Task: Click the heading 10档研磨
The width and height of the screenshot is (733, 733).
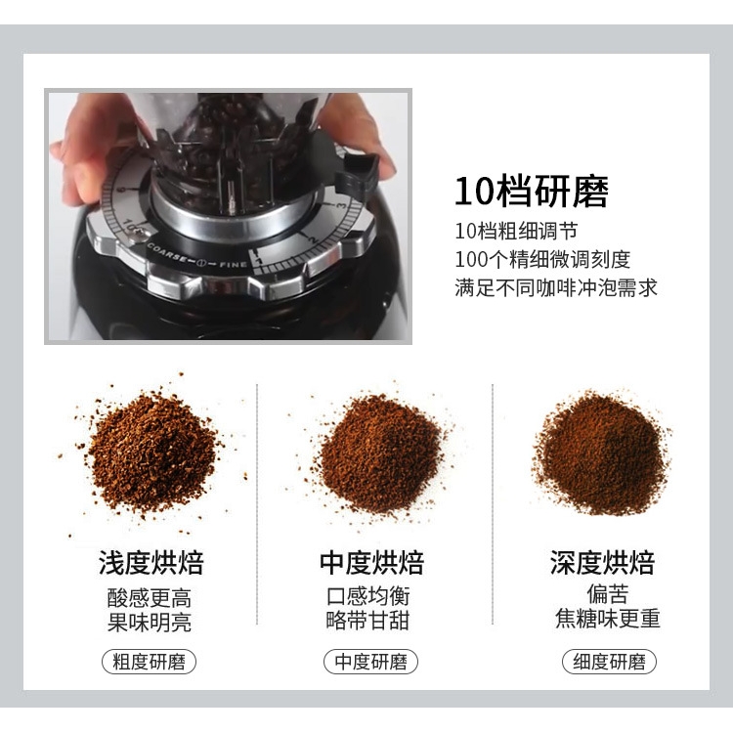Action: tap(531, 193)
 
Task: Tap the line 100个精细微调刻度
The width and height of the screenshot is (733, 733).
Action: tap(542, 260)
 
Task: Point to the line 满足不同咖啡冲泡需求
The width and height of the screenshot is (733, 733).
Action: tap(555, 287)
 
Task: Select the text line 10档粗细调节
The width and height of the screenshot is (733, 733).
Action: tap(515, 233)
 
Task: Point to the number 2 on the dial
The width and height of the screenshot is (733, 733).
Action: tap(312, 237)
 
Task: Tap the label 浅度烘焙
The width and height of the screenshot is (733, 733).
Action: tap(151, 563)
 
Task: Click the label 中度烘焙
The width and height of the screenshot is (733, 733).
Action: tap(371, 563)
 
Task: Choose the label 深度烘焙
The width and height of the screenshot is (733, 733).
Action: tap(602, 563)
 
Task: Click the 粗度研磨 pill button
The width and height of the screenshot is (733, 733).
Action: tap(149, 662)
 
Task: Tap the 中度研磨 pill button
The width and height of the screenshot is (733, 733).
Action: tap(370, 662)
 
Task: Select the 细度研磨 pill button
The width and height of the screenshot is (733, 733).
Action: tap(609, 662)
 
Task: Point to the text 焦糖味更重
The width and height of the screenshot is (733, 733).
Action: tap(608, 619)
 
